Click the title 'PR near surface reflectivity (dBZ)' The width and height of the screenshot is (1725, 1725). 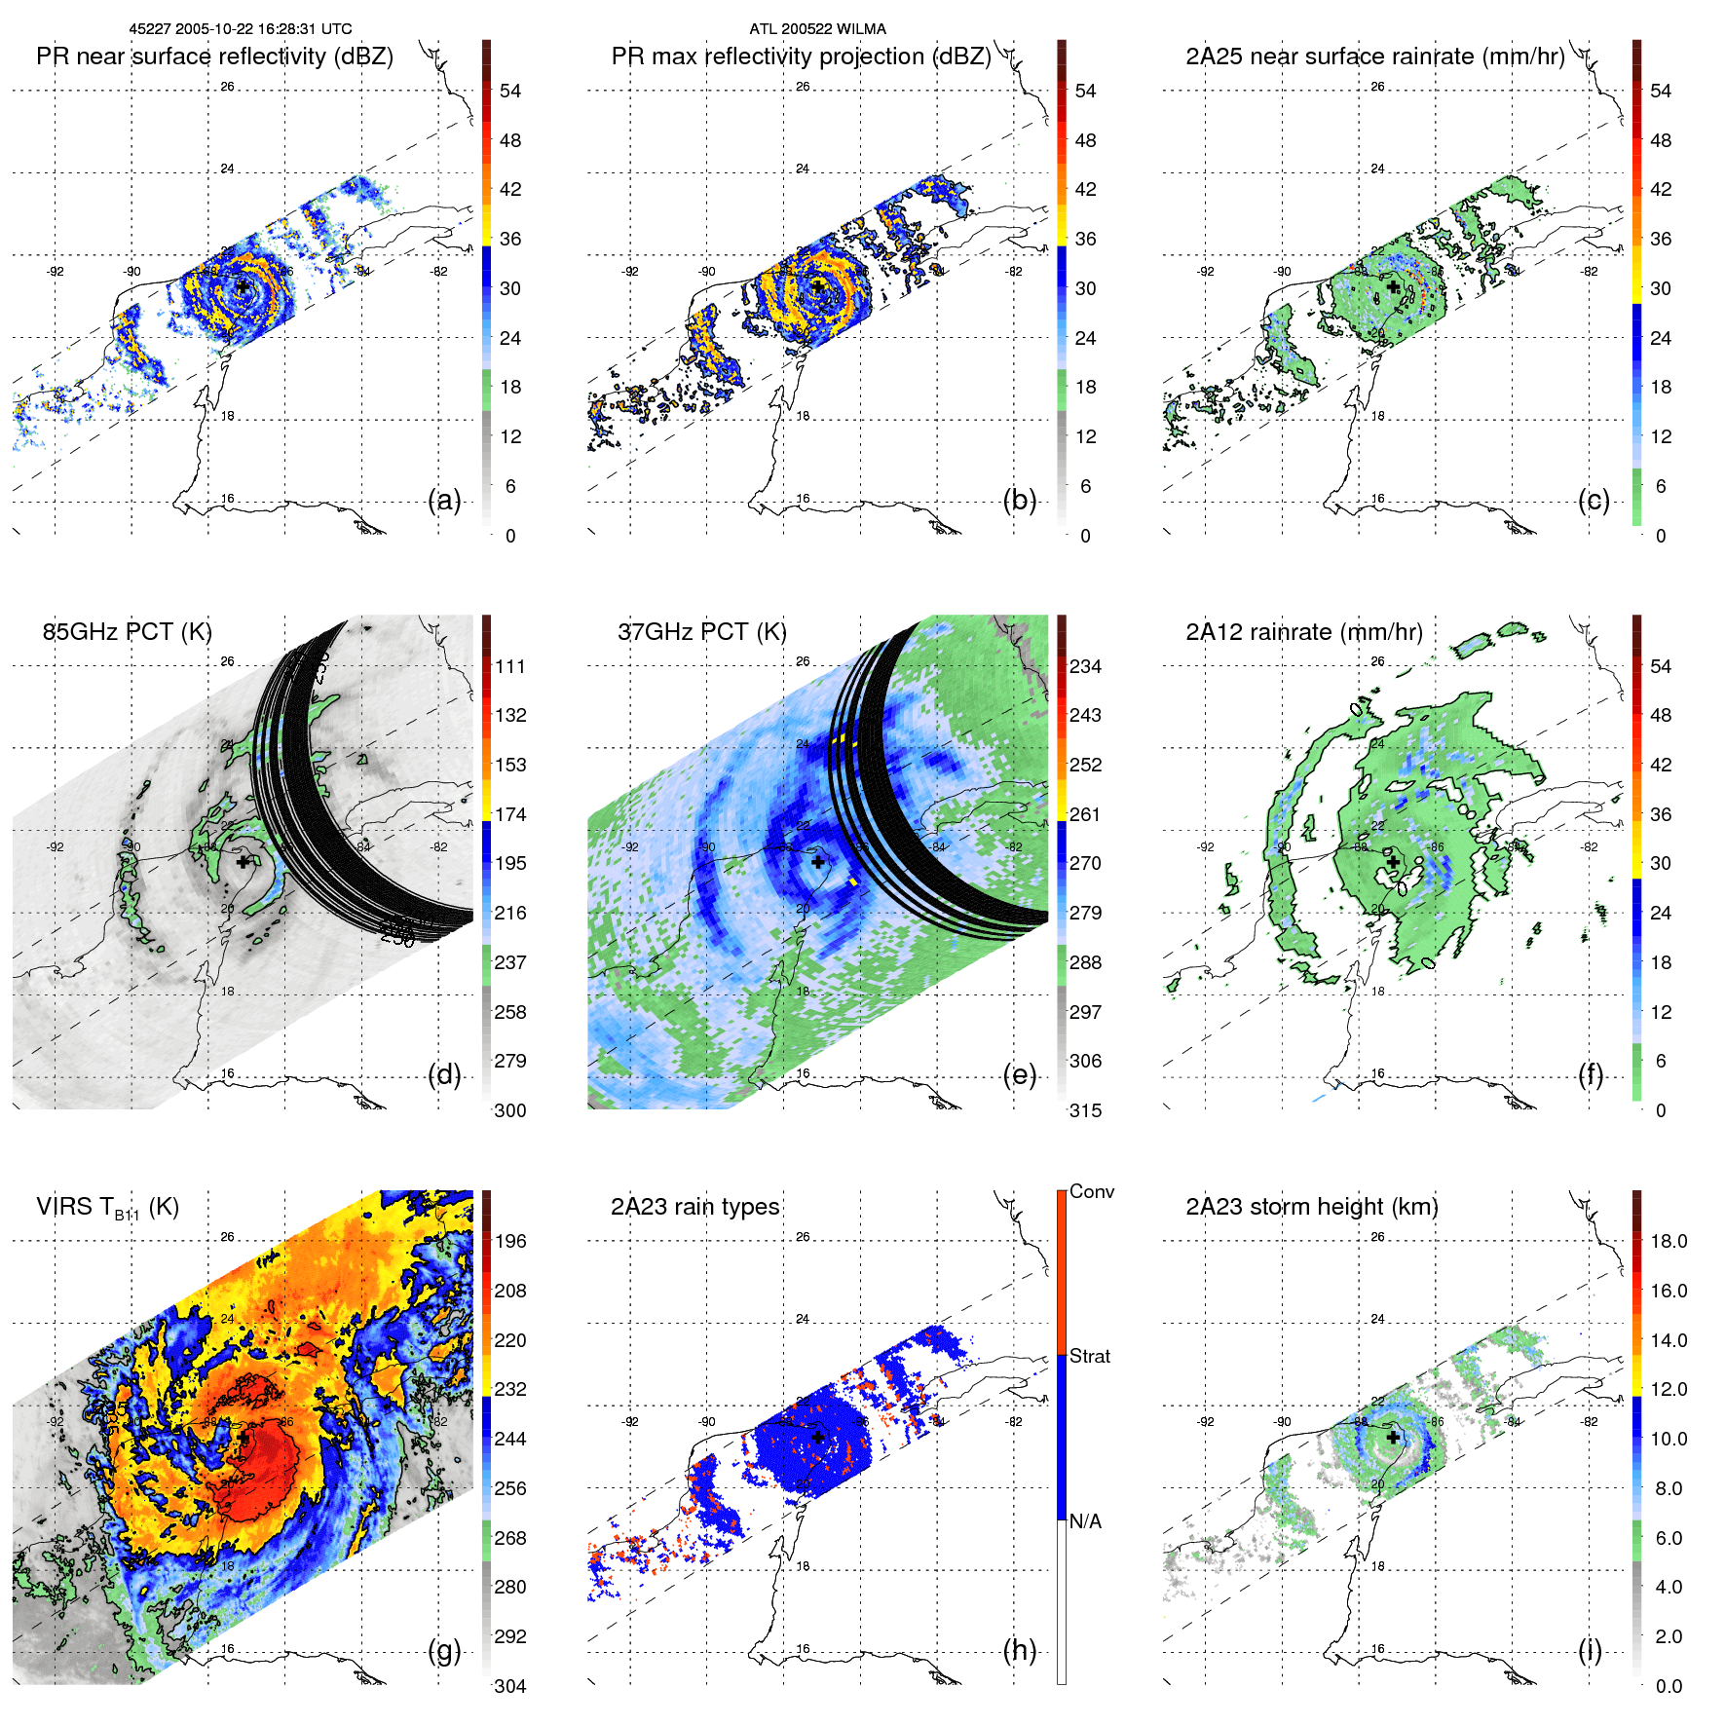[x=214, y=56]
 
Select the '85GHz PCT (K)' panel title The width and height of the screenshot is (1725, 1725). [x=127, y=632]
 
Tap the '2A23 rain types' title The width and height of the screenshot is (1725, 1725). [x=694, y=1207]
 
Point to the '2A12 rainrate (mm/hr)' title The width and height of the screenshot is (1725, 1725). [x=1303, y=632]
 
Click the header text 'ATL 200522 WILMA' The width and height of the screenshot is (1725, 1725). [x=817, y=29]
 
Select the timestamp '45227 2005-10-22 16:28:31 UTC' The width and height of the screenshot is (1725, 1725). [x=241, y=29]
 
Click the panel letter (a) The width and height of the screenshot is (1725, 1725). [x=444, y=501]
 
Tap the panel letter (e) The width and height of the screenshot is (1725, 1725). [x=1019, y=1075]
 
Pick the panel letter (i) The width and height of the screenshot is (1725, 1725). [x=1590, y=1650]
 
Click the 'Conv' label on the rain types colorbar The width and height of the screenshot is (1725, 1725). [x=1091, y=1191]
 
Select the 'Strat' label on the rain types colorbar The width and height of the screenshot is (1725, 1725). [x=1089, y=1356]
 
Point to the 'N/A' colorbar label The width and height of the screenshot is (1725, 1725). [x=1085, y=1521]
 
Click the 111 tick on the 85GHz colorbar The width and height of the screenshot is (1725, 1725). [x=510, y=666]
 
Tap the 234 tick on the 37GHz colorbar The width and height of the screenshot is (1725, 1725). [x=1085, y=666]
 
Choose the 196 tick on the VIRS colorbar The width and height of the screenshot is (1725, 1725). [x=510, y=1241]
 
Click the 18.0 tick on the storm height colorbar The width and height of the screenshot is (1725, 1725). [x=1668, y=1241]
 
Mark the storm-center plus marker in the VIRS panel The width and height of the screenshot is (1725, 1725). [x=243, y=1437]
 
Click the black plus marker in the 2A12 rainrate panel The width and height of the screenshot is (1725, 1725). [x=1393, y=862]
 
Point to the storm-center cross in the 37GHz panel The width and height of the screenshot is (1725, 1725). [x=818, y=862]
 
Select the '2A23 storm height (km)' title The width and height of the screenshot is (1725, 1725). [x=1311, y=1207]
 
